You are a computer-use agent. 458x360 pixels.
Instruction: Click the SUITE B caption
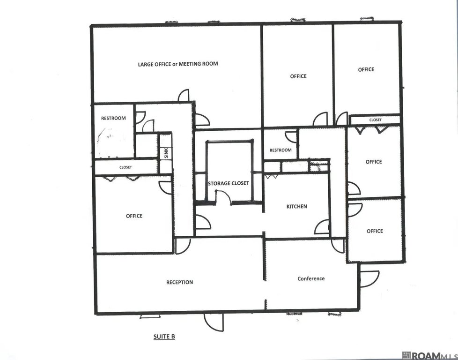164,337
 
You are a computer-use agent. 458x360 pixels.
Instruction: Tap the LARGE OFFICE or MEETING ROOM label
178,64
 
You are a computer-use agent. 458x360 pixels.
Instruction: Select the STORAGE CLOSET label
229,183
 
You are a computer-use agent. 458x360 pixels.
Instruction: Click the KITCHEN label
297,206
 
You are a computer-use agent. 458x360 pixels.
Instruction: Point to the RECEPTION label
180,282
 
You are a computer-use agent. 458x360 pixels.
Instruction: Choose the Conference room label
311,279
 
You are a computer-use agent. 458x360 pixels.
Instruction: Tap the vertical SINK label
166,153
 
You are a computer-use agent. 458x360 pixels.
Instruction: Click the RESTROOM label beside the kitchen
281,150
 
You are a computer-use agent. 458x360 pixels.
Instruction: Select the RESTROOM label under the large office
113,118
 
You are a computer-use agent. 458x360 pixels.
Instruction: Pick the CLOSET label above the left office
126,167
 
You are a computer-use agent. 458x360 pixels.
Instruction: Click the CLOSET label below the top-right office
375,120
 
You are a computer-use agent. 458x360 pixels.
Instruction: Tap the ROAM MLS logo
429,356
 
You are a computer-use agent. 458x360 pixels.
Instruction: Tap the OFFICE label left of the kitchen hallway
134,216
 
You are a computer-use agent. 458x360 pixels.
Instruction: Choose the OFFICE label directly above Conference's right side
375,231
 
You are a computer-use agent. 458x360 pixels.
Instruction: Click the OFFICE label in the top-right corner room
366,69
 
